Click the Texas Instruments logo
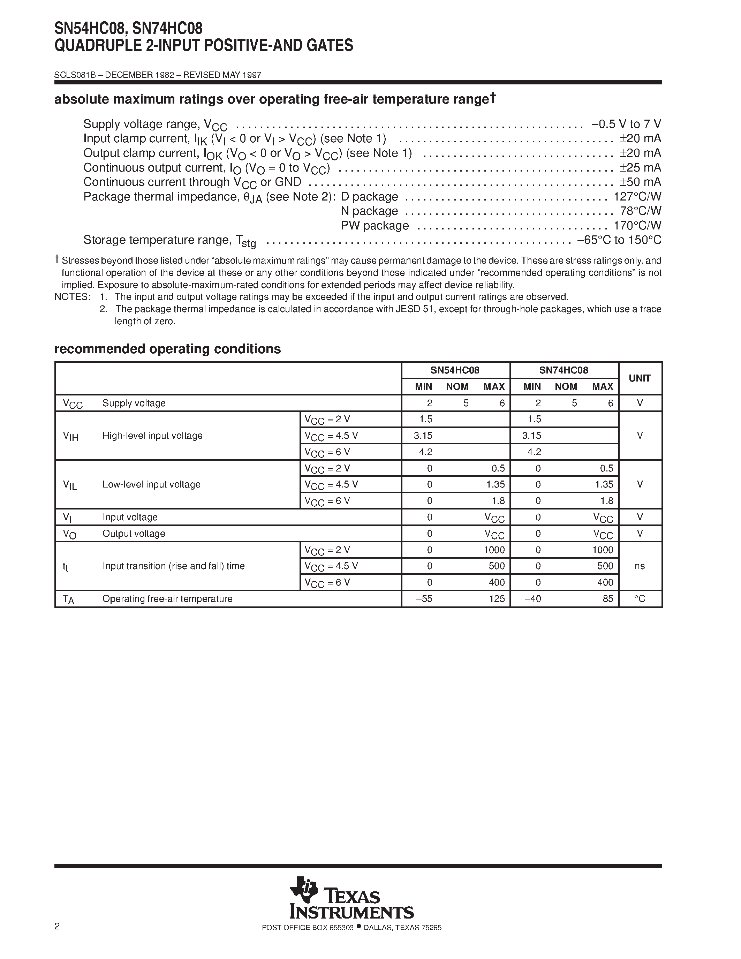click(x=351, y=904)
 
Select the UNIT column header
click(x=640, y=378)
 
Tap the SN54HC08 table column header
click(x=455, y=370)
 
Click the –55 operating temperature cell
click(x=424, y=599)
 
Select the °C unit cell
click(x=640, y=599)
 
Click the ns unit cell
click(x=640, y=566)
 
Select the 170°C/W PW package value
click(x=637, y=225)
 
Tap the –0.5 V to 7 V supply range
click(x=626, y=124)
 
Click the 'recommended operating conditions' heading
click(x=167, y=349)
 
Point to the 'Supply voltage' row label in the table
click(x=134, y=403)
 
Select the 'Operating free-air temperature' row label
click(x=167, y=599)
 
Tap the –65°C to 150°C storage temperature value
click(x=619, y=240)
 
